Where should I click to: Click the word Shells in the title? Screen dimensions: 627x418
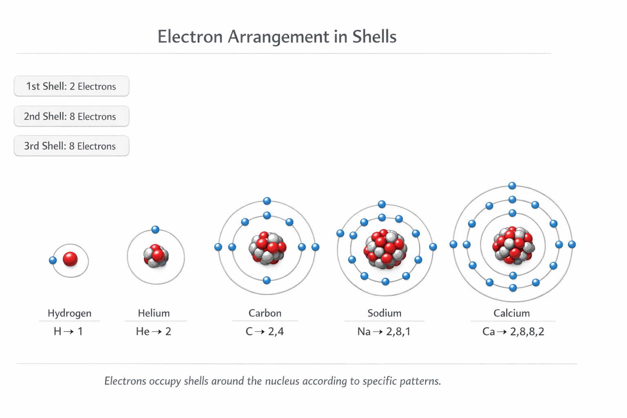click(374, 36)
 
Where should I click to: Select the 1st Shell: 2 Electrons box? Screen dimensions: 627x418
click(72, 86)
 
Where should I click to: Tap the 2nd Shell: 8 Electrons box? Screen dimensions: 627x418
click(72, 116)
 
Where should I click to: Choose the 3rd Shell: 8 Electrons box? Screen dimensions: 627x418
click(72, 146)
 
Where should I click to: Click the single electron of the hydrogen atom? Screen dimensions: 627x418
click(53, 260)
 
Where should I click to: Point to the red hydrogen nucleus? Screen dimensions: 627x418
click(70, 259)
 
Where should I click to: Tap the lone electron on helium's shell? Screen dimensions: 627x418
click(156, 229)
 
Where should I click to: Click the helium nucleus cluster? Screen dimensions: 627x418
click(156, 256)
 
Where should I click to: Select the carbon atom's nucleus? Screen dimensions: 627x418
click(268, 248)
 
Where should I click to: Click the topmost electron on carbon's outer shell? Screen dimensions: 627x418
click(267, 201)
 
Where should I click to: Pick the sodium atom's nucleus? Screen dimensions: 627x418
click(385, 249)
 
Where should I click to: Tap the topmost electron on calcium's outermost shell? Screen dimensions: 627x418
click(512, 186)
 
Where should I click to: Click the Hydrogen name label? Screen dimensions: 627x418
click(69, 313)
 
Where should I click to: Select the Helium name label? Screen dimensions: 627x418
click(154, 313)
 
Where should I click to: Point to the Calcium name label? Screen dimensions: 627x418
click(511, 313)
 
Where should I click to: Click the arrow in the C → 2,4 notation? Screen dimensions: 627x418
click(260, 332)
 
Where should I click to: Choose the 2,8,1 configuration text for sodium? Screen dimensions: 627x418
click(398, 332)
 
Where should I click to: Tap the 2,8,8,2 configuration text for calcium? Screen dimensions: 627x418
click(527, 332)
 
